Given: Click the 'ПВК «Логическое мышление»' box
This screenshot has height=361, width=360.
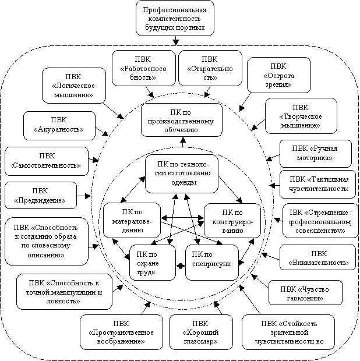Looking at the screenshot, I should tap(69, 86).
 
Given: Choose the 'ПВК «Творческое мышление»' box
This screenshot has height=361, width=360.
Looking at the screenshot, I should tap(300, 116).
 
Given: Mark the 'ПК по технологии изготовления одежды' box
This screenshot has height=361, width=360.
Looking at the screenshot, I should tap(181, 174).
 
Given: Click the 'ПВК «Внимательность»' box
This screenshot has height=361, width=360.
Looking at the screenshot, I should tap(317, 259).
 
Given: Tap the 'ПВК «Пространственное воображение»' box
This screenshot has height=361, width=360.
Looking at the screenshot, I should tap(121, 332).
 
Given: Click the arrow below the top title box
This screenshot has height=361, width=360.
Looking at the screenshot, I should tap(175, 40).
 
